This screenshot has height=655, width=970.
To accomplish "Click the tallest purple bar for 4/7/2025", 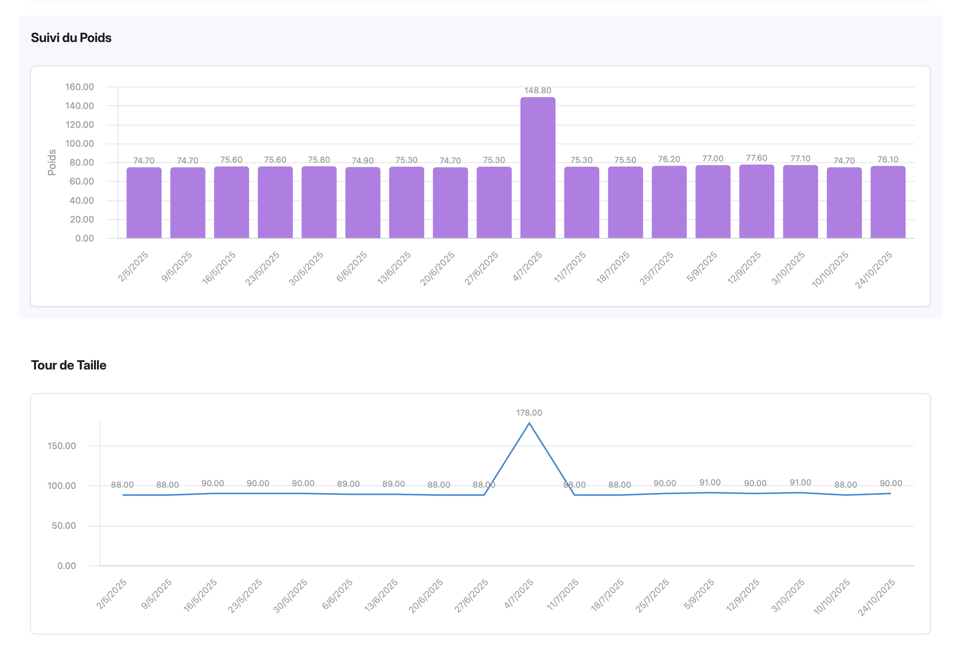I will tap(538, 167).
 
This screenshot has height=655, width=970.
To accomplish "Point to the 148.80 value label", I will tap(538, 90).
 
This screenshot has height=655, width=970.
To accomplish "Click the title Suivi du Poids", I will tap(71, 38).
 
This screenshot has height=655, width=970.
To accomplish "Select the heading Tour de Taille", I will tap(69, 365).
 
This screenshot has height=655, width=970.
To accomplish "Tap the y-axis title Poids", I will tap(52, 163).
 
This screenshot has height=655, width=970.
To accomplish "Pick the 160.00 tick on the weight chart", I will tap(79, 87).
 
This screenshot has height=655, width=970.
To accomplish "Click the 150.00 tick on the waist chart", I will tap(62, 446).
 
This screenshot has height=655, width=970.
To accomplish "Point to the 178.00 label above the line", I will tap(529, 413).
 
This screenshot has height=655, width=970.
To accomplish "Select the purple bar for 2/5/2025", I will tap(144, 203).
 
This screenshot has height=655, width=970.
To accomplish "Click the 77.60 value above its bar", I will tap(757, 158).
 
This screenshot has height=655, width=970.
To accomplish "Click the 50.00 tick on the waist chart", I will tap(64, 526).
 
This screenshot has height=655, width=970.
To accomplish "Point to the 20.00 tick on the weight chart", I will tap(82, 220).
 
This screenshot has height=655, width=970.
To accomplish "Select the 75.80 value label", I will tap(319, 160).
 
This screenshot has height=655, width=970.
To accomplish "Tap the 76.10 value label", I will tap(888, 160).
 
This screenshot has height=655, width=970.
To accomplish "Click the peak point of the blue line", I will tap(529, 423).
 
